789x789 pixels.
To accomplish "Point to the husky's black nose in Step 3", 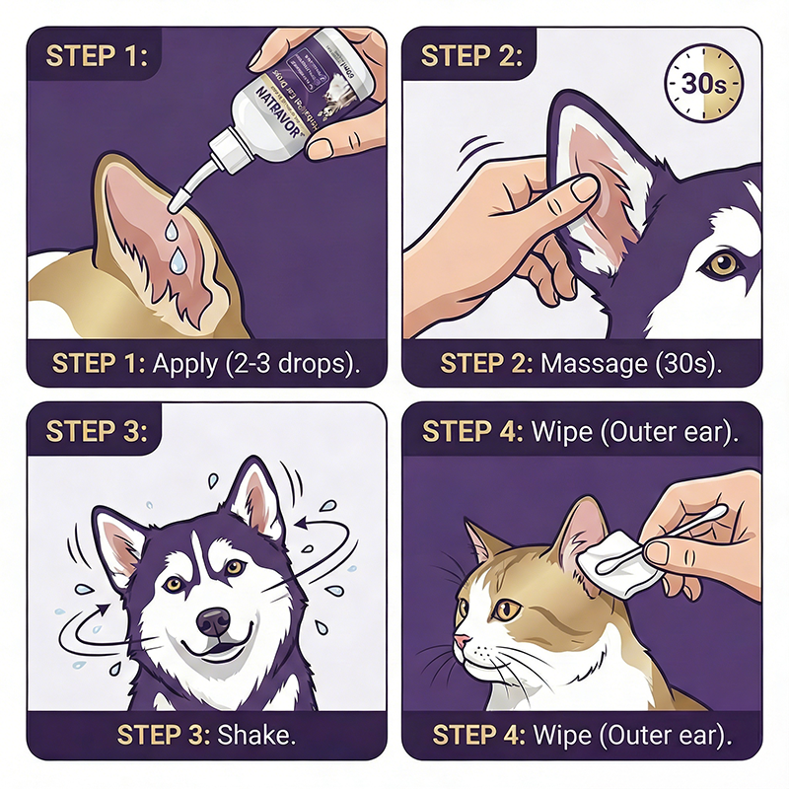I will [x=213, y=621].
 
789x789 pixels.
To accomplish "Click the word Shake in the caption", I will [x=259, y=735].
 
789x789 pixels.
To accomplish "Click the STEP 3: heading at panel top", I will [x=96, y=432].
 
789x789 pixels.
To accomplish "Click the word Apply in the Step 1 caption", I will [x=184, y=362].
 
